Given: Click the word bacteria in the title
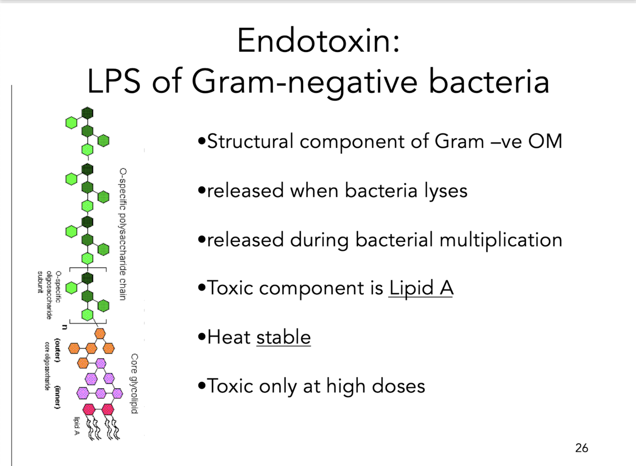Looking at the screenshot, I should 489,82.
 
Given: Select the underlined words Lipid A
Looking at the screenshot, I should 421,288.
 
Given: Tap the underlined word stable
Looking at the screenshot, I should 283,337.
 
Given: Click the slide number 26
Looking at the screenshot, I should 581,448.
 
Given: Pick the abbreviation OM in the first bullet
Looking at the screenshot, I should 545,141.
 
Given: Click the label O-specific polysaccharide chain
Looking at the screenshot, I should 123,234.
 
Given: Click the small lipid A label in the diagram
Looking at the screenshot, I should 77,426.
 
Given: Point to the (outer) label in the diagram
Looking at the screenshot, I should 58,350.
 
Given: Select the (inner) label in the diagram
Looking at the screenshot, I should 58,397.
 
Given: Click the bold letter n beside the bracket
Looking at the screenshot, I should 64,327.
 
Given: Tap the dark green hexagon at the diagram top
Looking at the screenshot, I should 87,113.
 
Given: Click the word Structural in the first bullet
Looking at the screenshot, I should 250,141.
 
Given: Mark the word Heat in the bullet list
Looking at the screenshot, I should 229,337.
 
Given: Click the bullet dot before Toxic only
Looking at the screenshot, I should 202,385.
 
